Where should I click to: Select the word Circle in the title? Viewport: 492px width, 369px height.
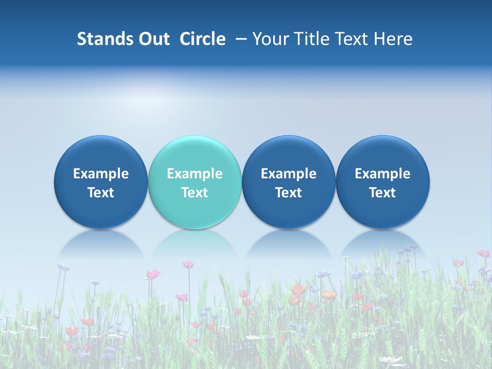[202, 39]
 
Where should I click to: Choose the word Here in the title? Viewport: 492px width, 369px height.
[393, 39]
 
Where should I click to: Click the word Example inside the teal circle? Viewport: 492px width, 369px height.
[195, 174]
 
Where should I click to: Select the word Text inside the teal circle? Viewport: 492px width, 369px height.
[195, 193]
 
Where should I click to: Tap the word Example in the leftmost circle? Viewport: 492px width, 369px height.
[101, 174]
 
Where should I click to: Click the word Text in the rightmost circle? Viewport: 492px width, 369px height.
[382, 193]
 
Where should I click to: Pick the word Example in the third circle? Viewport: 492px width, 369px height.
[289, 174]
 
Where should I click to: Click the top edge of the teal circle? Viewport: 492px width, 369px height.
[195, 136]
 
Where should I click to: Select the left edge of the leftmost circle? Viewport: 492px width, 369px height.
[55, 182]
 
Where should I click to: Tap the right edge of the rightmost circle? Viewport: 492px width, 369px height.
[429, 182]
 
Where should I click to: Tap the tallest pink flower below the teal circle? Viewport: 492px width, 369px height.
[188, 264]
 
